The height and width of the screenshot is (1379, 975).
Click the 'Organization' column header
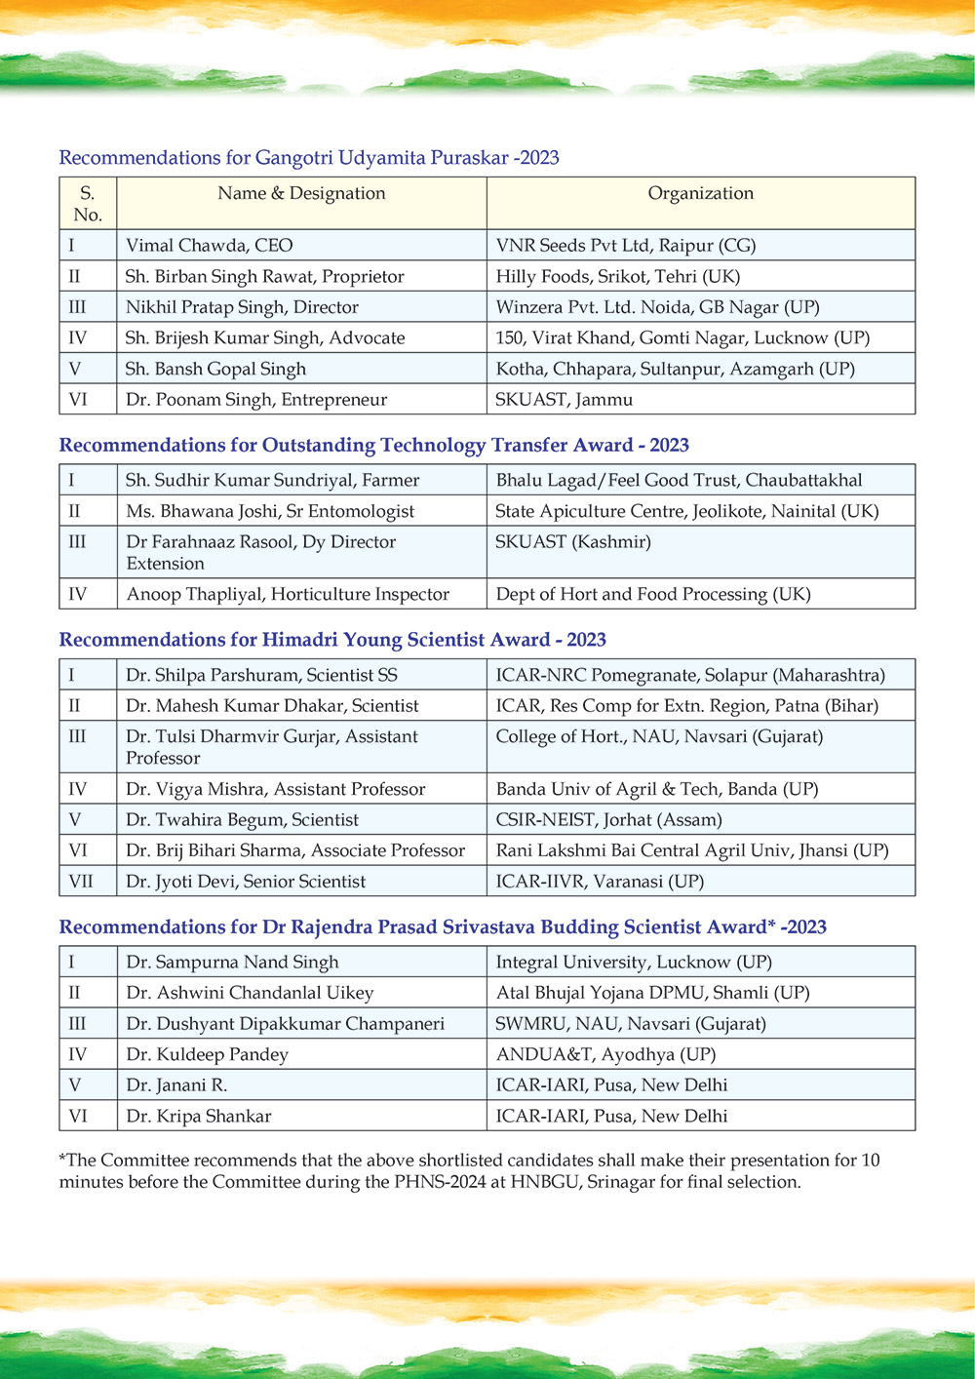coord(700,193)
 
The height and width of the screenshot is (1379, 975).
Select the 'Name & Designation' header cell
coord(301,193)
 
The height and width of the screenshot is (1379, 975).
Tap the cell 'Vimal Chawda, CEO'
coord(209,246)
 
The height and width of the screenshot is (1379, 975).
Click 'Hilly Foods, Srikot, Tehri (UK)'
coord(617,276)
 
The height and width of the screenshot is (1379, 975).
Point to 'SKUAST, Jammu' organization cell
coord(564,399)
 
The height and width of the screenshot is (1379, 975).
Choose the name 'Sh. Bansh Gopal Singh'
coord(215,369)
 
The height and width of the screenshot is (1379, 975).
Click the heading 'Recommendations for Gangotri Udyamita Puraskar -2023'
coord(309,158)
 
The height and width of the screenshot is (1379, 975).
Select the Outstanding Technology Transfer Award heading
coord(373,446)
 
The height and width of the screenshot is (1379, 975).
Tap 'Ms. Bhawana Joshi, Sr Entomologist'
coord(269,511)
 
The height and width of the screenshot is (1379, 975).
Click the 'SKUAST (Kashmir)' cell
coord(572,541)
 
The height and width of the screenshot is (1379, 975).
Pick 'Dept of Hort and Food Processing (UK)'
coord(652,594)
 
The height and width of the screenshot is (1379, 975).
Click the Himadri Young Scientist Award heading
coord(332,640)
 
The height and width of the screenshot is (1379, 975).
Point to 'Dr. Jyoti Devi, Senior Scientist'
coord(246,882)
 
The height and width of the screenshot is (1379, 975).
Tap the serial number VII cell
coord(81,882)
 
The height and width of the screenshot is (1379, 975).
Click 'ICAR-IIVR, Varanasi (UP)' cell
coord(599,882)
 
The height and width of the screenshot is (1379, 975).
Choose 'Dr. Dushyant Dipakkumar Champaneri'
coord(285,1023)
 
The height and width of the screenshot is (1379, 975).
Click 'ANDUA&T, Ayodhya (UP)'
coord(604,1054)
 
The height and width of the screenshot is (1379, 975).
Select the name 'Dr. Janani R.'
coord(176,1084)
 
